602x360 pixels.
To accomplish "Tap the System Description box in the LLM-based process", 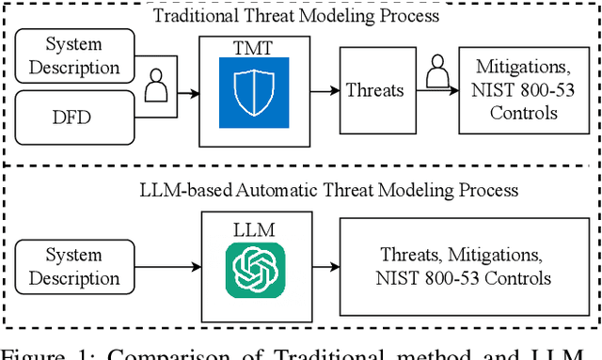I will tap(74, 266).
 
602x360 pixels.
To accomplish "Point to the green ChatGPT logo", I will tap(255, 270).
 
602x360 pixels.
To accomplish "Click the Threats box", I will tap(375, 90).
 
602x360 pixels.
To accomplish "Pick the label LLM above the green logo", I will tap(255, 230).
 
